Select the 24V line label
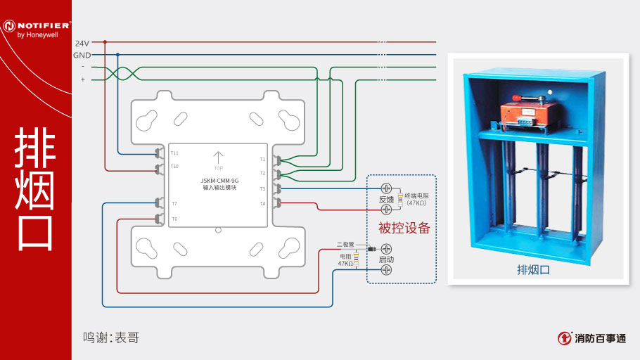coord(82,43)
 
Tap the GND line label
coord(82,55)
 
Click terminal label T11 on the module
coord(174,153)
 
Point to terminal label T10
coord(174,167)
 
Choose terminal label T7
coord(174,203)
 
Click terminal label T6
coord(174,219)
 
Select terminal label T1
coord(262,159)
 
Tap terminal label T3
coord(262,188)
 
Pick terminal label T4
coord(262,203)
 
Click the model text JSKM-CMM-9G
coord(218,181)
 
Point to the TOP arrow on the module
coord(218,157)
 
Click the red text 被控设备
coord(404,228)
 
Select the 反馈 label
coord(386,199)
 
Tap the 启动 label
coord(386,259)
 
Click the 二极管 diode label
coord(346,244)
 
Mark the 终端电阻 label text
coord(416,195)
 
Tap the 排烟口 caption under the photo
coord(533,269)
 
